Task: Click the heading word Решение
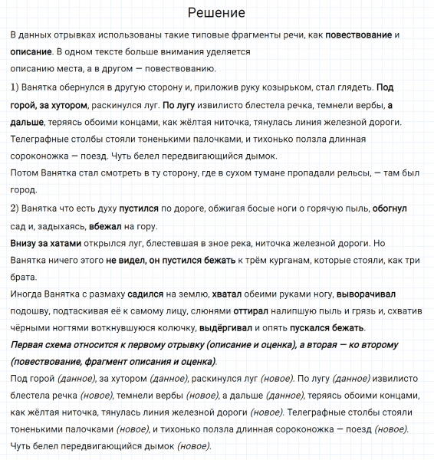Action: click(x=216, y=13)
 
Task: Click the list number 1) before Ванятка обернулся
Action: click(x=18, y=87)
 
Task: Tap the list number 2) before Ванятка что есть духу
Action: click(x=18, y=209)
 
